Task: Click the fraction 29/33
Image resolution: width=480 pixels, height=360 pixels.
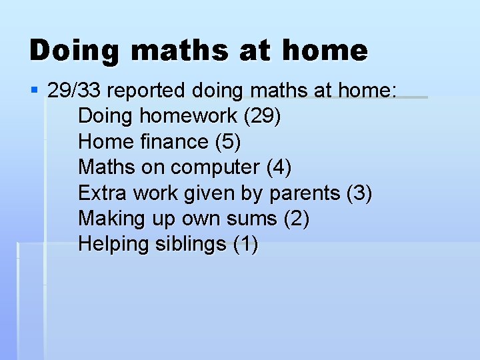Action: (75, 90)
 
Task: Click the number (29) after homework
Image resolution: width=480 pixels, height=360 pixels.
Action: (262, 116)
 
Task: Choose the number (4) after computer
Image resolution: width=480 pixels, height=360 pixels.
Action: (279, 167)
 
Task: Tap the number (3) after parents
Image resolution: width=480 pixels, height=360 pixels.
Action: (359, 193)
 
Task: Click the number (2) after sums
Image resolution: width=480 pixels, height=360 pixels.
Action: (296, 219)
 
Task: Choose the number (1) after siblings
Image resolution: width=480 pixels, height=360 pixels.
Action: (245, 245)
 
